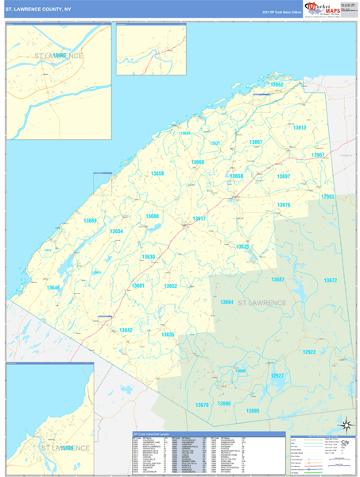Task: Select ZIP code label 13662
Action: (x=276, y=84)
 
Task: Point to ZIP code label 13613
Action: (x=299, y=127)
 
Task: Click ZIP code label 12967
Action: (x=318, y=154)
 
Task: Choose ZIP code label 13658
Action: (x=157, y=173)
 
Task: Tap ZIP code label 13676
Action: (x=284, y=205)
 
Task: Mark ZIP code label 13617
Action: (x=199, y=218)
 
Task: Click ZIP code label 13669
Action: (x=89, y=220)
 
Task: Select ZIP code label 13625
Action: (x=242, y=246)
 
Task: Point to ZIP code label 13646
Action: (x=53, y=287)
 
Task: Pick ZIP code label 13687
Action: (x=277, y=280)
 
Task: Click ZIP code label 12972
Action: (x=331, y=280)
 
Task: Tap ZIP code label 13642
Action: (x=126, y=330)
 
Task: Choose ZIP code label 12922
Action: (x=309, y=352)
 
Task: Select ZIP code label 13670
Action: (x=202, y=405)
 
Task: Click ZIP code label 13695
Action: (x=253, y=409)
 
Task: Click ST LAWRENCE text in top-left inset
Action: (x=58, y=56)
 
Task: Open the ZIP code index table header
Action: (x=208, y=434)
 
